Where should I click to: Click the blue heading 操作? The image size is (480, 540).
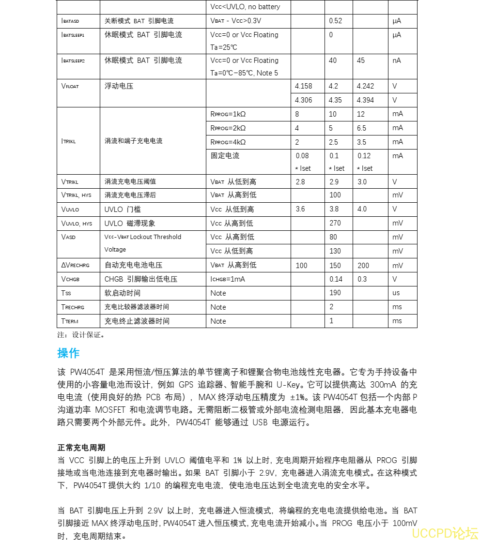[68, 353]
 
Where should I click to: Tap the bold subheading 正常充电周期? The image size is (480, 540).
[81, 448]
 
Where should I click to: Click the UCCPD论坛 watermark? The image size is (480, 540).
[445, 533]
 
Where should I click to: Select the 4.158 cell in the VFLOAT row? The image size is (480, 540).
[304, 86]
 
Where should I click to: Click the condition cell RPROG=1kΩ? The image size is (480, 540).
[228, 114]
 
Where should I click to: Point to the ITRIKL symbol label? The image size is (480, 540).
[69, 141]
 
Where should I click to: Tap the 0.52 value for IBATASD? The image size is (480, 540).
[335, 21]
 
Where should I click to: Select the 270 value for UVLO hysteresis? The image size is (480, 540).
[335, 224]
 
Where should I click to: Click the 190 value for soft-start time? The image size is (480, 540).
[335, 293]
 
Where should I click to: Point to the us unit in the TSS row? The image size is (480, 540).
[396, 293]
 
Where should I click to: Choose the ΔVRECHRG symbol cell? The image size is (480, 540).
[76, 265]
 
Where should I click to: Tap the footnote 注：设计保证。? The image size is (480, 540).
[81, 335]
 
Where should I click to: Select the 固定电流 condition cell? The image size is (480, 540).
[225, 156]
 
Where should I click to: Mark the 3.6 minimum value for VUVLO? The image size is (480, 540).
[300, 210]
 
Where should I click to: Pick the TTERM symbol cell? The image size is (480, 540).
[70, 321]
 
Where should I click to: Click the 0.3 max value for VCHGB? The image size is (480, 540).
[362, 279]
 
